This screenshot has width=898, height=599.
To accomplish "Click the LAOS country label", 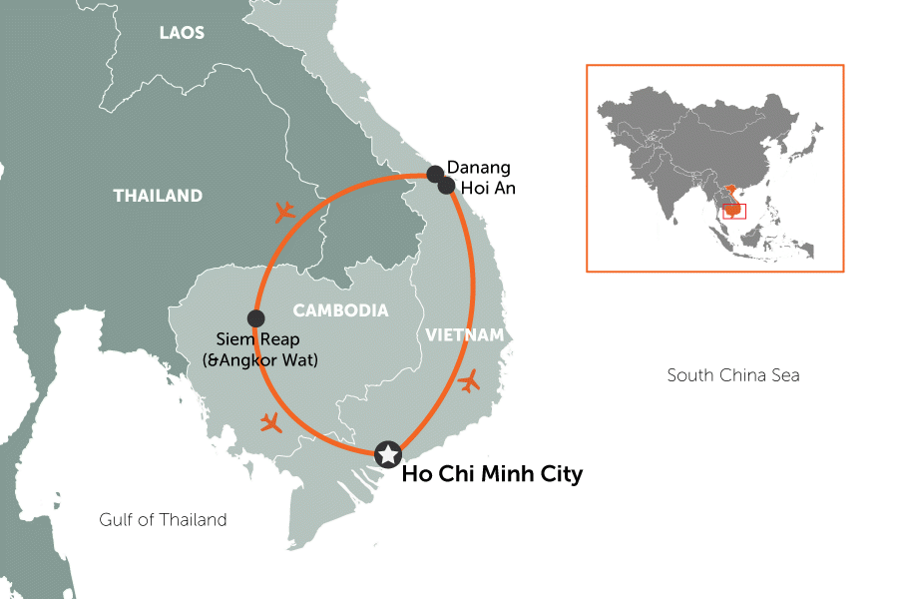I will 182,33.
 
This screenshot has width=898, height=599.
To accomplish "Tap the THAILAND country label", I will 158,196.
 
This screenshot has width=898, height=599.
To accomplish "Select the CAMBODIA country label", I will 340,310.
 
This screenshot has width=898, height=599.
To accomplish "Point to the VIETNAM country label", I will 465,334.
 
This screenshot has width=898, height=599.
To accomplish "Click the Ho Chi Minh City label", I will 491,474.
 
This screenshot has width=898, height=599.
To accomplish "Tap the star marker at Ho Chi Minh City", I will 387,454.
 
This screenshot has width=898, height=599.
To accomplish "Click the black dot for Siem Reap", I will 256,318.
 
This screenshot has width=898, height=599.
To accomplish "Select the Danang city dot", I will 435,175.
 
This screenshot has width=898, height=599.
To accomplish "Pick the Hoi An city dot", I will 446,186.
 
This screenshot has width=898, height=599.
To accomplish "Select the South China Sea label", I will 733,375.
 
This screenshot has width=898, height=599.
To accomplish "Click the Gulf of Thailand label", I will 163,519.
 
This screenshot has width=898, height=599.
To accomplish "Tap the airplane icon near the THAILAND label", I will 284,211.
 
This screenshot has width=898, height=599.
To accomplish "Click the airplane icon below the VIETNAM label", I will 468,381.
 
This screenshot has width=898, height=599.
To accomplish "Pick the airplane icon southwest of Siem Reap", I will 270,421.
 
